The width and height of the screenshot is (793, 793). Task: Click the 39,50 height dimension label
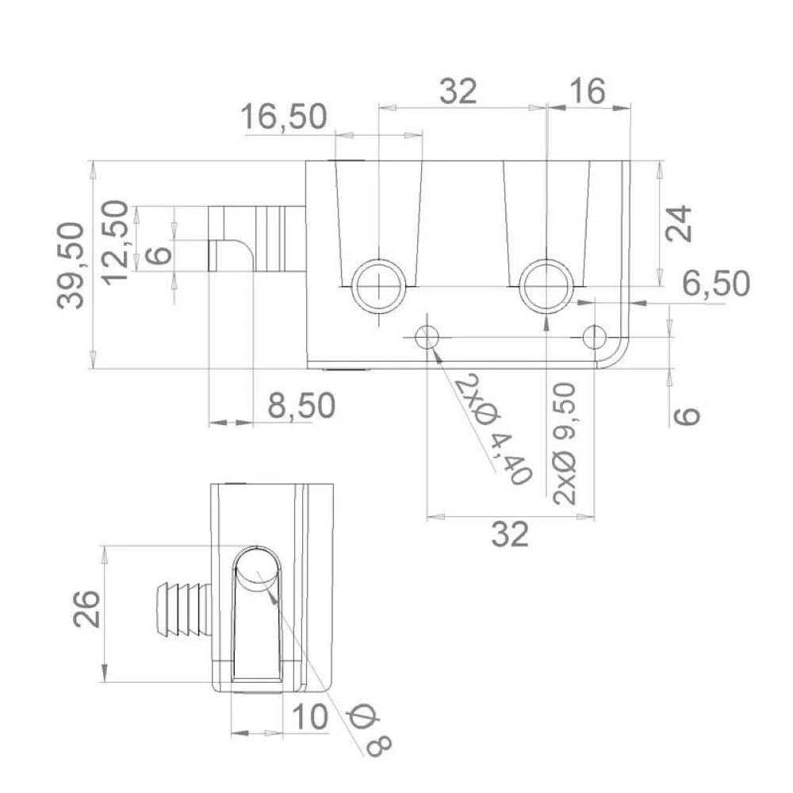tap(71, 266)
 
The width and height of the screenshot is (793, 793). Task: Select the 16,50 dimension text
tap(284, 117)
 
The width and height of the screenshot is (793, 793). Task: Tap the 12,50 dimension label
tap(115, 242)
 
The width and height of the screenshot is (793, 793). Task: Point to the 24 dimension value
tap(678, 223)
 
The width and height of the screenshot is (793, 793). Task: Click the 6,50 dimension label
tap(716, 283)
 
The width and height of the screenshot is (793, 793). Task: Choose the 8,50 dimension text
tap(301, 405)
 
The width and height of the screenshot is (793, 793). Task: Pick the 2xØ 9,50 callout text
tap(565, 443)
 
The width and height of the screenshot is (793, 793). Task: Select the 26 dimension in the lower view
tap(86, 609)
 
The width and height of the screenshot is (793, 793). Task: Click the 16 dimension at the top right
tap(587, 91)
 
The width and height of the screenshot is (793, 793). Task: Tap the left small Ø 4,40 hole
tap(427, 337)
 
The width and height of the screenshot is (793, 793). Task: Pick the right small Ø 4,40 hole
tap(594, 337)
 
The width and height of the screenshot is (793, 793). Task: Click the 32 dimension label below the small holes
tap(510, 534)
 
